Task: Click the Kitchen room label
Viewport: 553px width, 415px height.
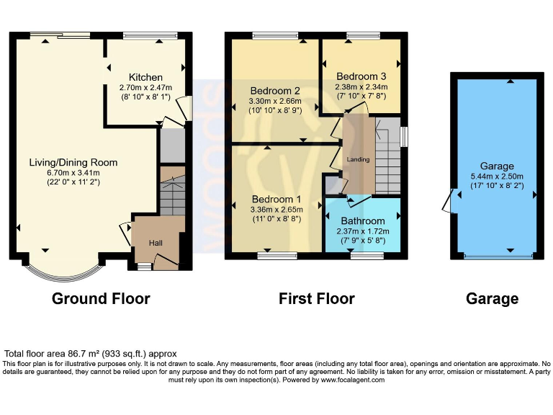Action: click(x=145, y=78)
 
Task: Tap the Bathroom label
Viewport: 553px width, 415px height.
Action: click(x=363, y=221)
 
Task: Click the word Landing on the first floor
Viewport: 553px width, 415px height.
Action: click(x=358, y=159)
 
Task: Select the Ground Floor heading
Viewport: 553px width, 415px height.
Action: click(x=101, y=298)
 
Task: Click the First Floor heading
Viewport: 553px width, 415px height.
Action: click(x=317, y=298)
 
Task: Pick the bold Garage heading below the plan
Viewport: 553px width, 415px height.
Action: click(x=492, y=298)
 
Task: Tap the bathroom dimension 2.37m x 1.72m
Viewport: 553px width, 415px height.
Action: click(x=363, y=231)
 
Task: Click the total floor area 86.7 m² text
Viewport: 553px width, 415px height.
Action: click(x=91, y=354)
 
